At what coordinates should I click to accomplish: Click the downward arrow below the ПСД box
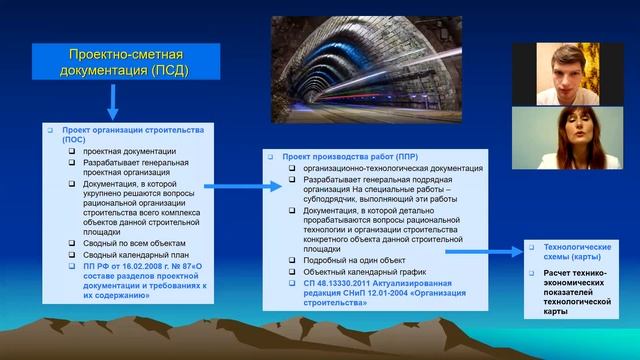point(112,100)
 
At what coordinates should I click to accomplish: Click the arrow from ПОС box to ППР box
point(236,185)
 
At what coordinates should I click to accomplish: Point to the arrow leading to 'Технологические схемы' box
point(481,251)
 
